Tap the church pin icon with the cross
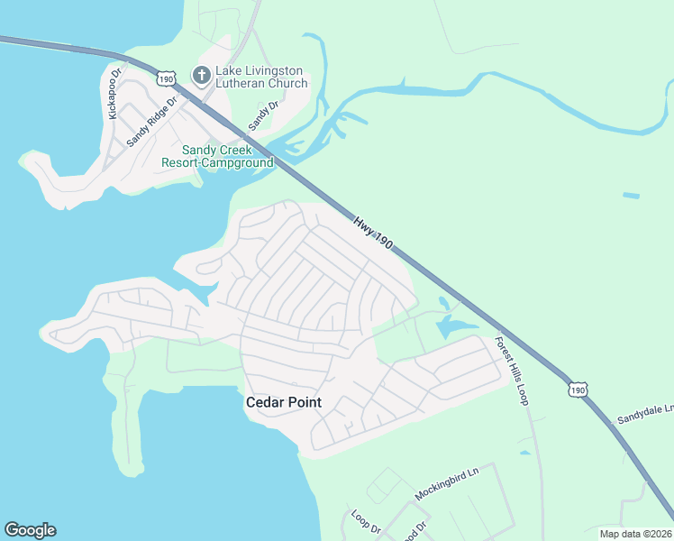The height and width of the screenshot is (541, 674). tap(202, 75)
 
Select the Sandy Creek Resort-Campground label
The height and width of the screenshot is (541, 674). tap(217, 157)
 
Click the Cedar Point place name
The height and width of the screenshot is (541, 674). tap(284, 402)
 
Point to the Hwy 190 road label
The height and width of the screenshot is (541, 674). tap(373, 233)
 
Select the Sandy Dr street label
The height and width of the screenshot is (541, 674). tap(264, 114)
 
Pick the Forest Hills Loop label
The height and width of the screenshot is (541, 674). tap(511, 371)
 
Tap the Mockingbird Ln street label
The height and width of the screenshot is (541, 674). tap(446, 483)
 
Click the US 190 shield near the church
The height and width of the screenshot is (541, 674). tap(165, 78)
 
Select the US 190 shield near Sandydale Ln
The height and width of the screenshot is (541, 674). tap(578, 389)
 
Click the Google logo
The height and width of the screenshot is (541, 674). tap(30, 530)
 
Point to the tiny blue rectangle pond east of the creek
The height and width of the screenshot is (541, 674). tap(631, 195)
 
